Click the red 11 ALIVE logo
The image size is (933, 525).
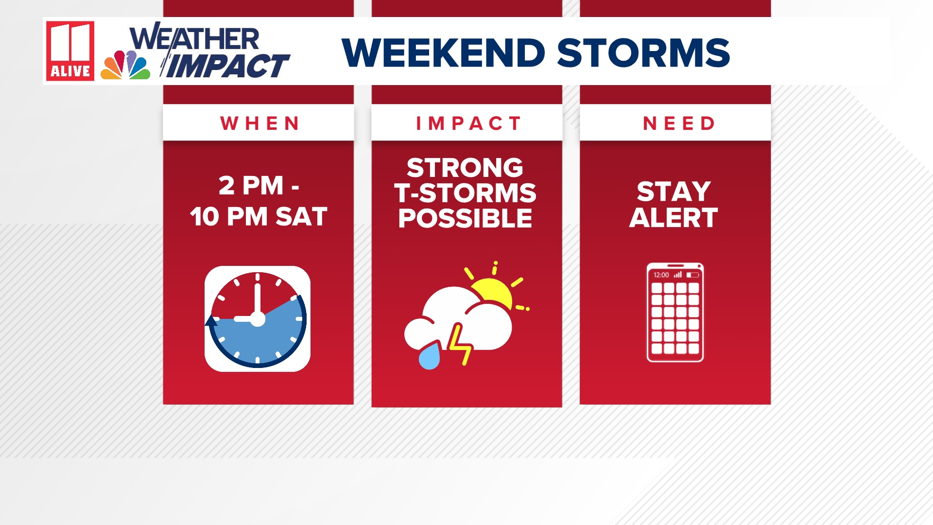point(70,51)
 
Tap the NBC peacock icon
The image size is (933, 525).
point(125,65)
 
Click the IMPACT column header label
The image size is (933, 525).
point(467,123)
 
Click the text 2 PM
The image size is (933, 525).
point(251,186)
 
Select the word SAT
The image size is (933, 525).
point(301,217)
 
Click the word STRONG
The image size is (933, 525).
point(465,168)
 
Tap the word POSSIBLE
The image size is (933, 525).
point(465,218)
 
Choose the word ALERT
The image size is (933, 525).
point(674,217)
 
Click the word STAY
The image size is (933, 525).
point(674,192)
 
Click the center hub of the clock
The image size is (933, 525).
point(258,319)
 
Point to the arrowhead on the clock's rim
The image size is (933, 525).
point(212,321)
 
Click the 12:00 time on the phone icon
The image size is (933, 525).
point(661,275)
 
